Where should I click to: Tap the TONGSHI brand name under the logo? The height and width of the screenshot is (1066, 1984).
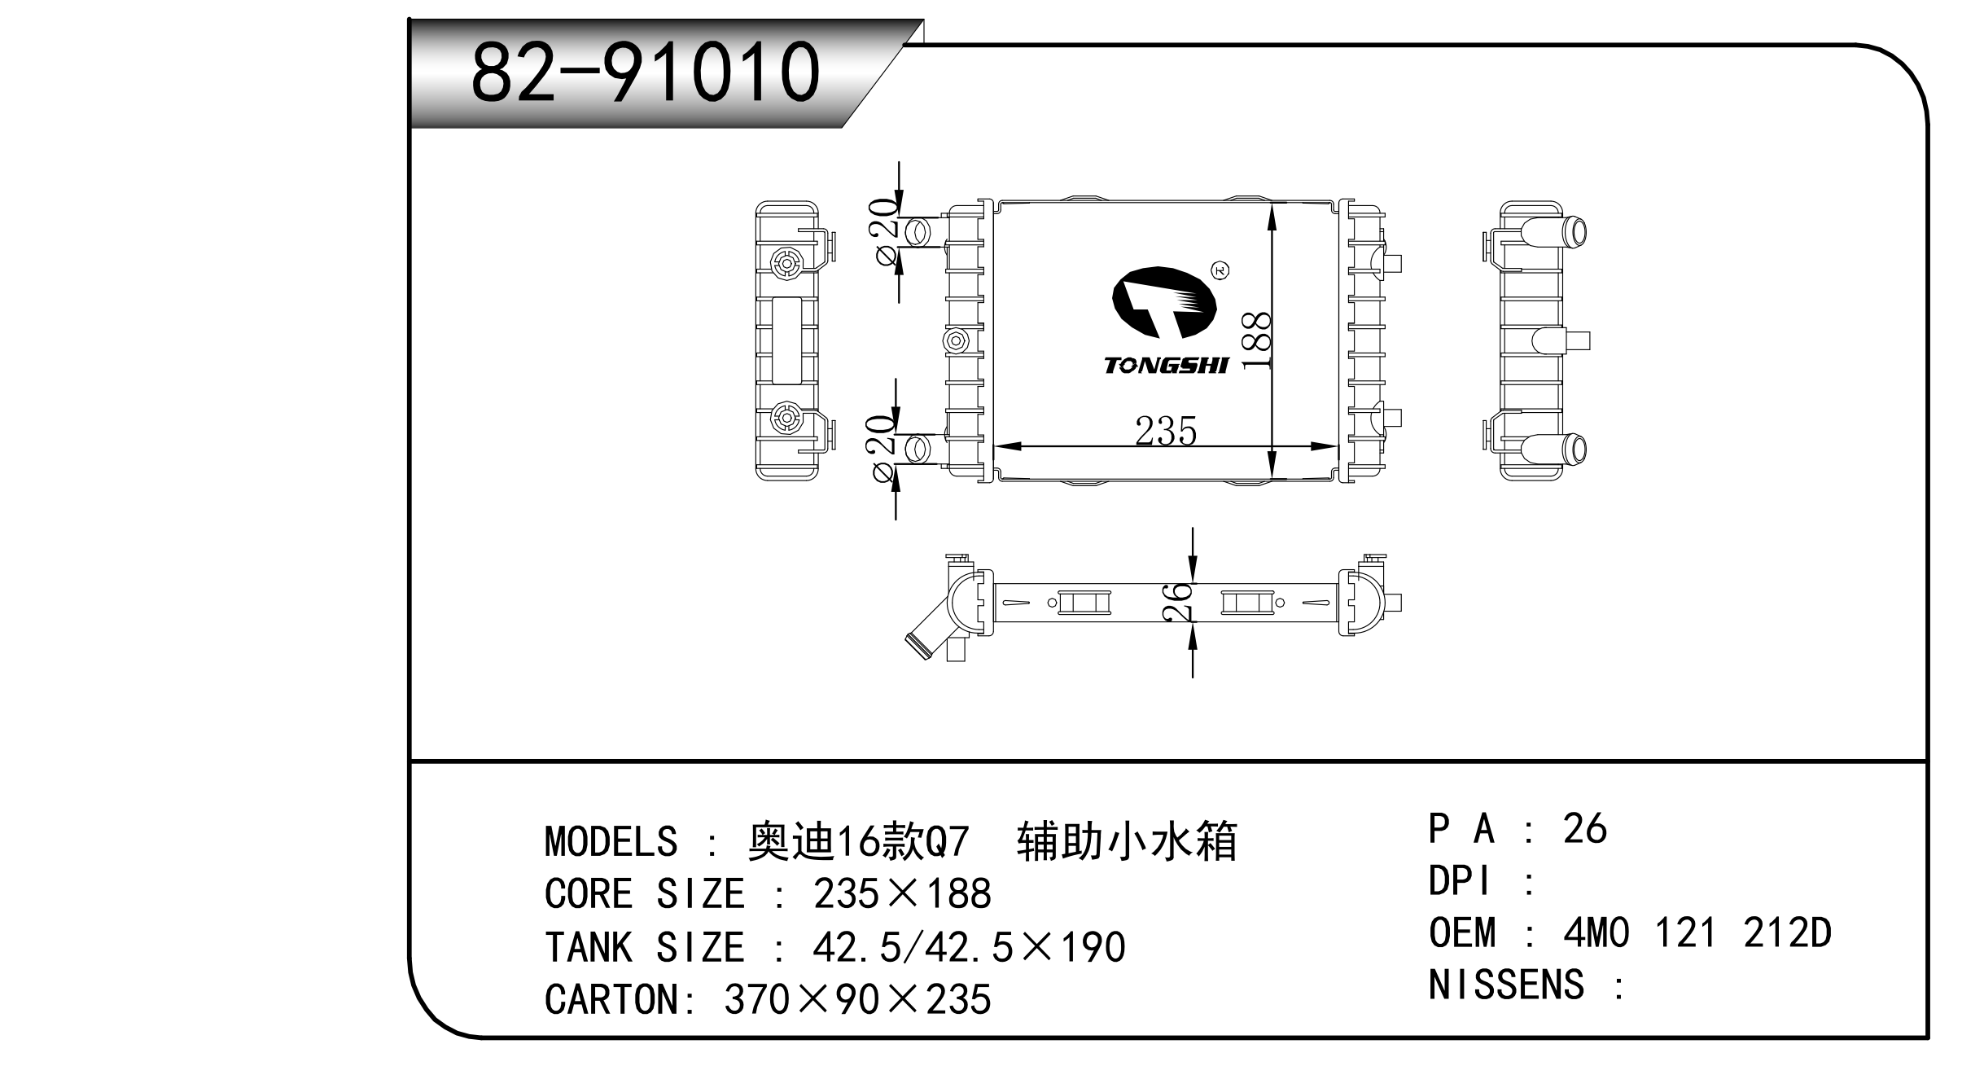click(1166, 366)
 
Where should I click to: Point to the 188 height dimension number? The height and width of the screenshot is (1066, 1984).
click(1258, 340)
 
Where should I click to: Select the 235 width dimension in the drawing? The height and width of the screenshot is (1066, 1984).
click(1166, 432)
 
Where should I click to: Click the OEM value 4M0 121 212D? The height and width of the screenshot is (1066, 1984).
click(1697, 932)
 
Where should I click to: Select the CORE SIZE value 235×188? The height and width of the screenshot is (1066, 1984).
click(902, 894)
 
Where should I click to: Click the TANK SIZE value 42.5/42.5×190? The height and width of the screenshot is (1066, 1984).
click(969, 947)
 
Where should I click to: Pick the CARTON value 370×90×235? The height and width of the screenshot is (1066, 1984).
click(857, 999)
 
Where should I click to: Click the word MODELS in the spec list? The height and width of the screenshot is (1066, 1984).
click(611, 841)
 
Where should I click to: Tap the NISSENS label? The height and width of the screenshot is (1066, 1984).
click(1506, 985)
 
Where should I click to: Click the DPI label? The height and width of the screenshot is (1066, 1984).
click(1461, 881)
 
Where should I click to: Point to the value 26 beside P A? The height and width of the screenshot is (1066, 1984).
click(1584, 829)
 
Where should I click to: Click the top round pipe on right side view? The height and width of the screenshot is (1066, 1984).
click(1573, 232)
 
